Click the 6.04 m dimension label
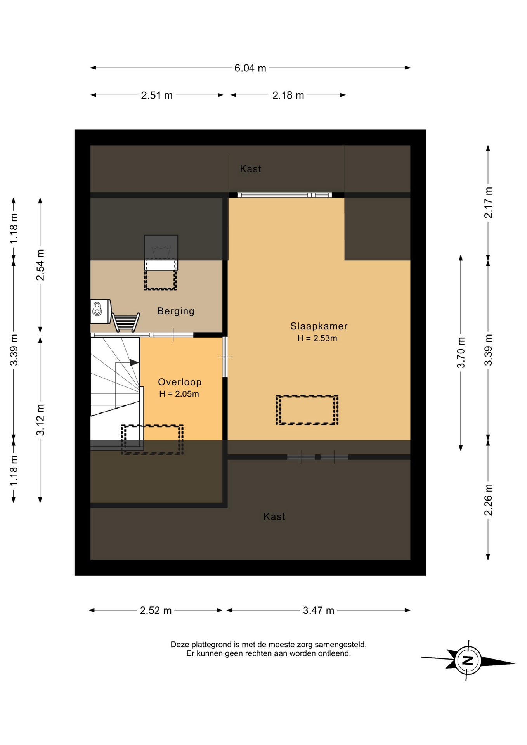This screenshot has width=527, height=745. point(250,68)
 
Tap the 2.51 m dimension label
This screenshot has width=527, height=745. point(157,95)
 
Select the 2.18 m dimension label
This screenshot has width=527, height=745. point(288,95)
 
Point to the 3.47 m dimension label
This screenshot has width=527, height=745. point(319,611)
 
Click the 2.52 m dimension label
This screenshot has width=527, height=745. point(156,611)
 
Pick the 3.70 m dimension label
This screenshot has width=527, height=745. point(461,353)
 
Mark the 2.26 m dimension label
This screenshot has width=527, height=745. point(488,500)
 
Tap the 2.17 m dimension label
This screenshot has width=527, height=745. point(488,203)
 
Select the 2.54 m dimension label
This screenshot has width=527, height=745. point(40,265)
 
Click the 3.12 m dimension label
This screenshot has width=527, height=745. point(40,420)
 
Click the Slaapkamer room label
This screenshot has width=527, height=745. point(319,326)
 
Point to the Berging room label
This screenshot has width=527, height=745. point(176,311)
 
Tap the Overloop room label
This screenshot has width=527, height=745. point(180,382)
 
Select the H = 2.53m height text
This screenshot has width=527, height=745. point(317,338)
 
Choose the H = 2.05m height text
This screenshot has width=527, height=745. point(179,394)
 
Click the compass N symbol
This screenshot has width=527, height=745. point(468,660)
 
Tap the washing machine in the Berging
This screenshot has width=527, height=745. point(101,311)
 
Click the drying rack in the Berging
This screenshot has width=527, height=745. point(126,322)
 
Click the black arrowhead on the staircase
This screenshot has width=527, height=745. point(134,363)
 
